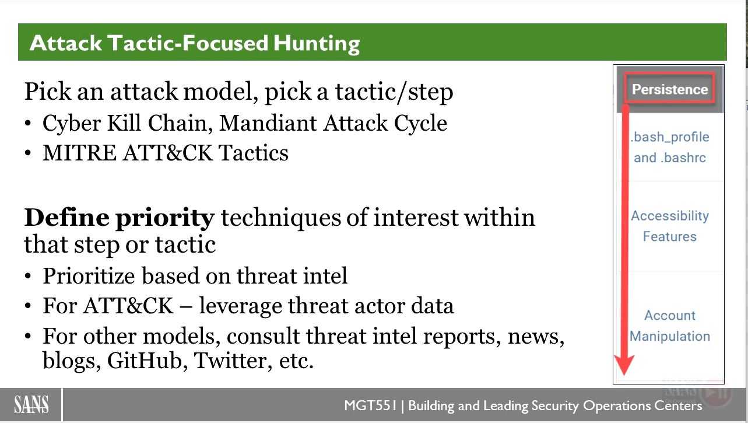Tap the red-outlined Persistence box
(x=669, y=88)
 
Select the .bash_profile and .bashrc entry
(x=670, y=147)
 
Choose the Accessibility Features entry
(x=670, y=226)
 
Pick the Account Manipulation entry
(x=670, y=326)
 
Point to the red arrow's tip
(x=624, y=375)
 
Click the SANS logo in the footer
(x=31, y=405)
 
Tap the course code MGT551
(x=370, y=405)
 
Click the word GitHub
(x=145, y=361)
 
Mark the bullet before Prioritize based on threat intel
(x=28, y=277)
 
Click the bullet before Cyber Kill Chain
(x=28, y=123)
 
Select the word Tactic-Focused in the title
(x=188, y=43)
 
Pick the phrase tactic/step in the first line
(x=394, y=92)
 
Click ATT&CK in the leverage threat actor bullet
(x=128, y=306)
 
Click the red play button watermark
(x=715, y=393)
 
